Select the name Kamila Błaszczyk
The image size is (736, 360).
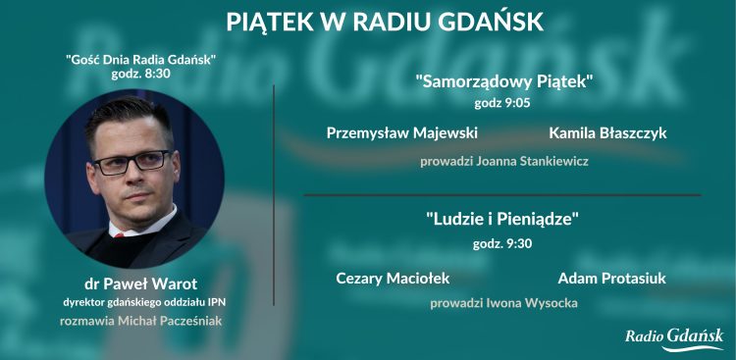[x=607, y=132]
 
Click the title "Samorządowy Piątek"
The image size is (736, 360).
[x=504, y=81]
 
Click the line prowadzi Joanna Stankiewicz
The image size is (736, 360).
[x=504, y=161]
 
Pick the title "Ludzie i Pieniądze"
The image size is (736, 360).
[x=502, y=219]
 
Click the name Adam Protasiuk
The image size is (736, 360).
[x=611, y=279]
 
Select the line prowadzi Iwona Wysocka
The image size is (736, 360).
[x=503, y=303]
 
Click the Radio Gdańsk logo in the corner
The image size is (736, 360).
[x=674, y=337]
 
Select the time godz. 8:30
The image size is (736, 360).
[x=140, y=75]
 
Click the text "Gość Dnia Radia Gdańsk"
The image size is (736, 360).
[x=140, y=60]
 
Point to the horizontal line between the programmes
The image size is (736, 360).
[x=501, y=194]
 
